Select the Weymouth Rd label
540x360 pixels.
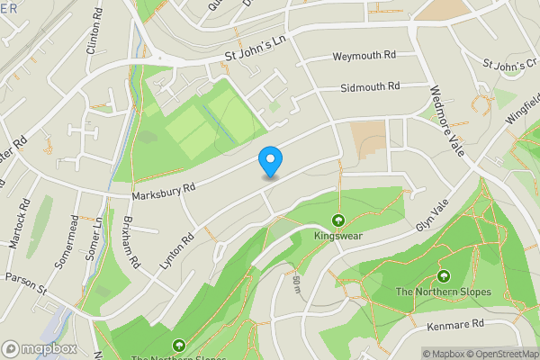[x=364, y=56]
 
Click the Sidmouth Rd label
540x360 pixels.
[x=370, y=88]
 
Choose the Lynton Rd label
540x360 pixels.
[x=176, y=248]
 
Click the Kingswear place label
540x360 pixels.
[x=338, y=236]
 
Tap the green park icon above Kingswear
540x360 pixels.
[x=338, y=220]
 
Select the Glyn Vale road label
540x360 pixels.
[x=432, y=217]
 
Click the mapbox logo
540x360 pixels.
[x=40, y=347]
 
